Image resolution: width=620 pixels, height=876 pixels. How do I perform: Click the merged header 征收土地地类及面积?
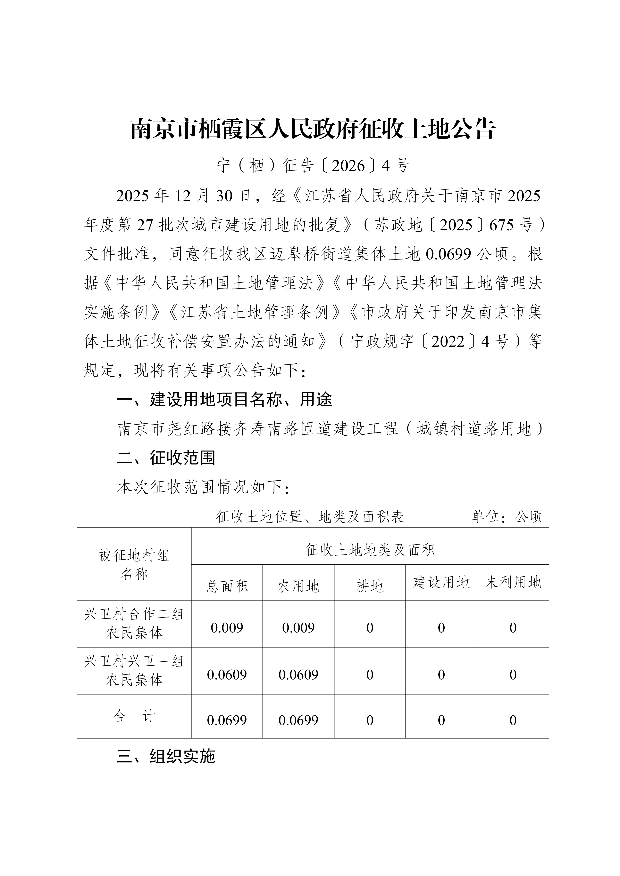coord(370,550)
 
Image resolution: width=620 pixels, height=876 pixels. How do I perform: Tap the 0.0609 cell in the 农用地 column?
coord(298,674)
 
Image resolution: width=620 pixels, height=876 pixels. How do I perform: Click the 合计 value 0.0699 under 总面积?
coord(227,720)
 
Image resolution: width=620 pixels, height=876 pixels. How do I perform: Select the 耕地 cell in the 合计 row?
coord(370,720)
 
